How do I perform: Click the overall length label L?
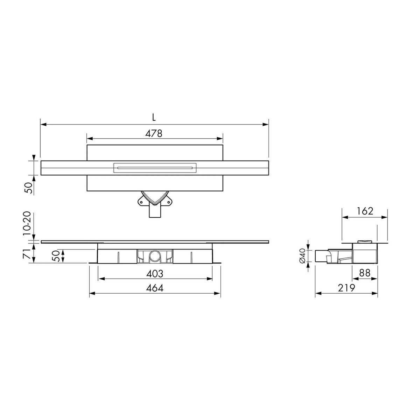[154, 118]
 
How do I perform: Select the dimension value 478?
[154, 133]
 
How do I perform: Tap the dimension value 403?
[155, 274]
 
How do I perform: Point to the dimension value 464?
[155, 288]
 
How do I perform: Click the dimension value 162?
[365, 211]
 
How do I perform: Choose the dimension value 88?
[365, 273]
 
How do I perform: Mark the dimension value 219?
[346, 288]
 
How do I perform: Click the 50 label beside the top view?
[30, 188]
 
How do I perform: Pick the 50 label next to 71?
[56, 255]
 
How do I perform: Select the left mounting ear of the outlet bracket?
[141, 202]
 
